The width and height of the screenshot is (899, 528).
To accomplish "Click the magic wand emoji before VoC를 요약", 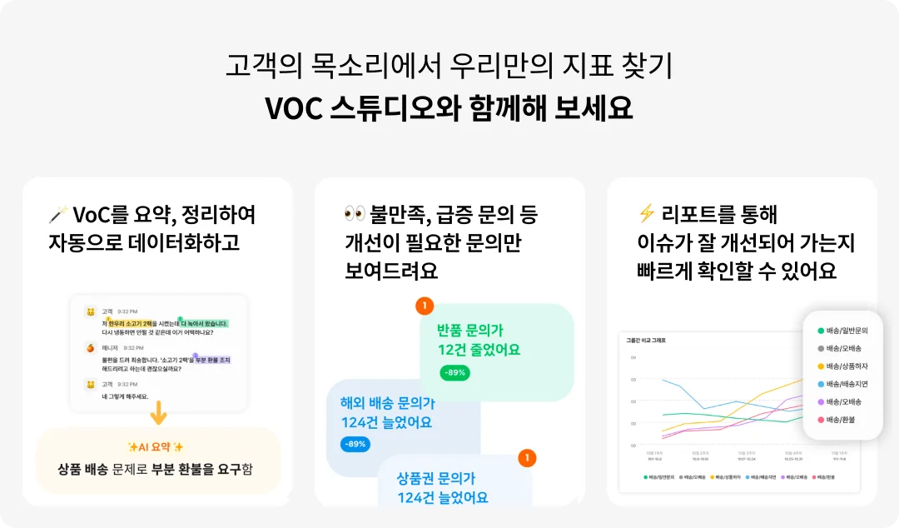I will (57, 216).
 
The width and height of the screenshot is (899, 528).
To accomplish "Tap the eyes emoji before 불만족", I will (355, 215).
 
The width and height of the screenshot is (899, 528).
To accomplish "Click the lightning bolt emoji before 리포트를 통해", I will (645, 215).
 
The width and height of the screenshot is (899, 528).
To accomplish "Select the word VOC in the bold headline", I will (293, 108).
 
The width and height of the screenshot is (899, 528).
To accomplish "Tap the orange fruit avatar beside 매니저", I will (91, 347).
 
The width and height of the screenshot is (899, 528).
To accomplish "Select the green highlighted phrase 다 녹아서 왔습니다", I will (203, 323).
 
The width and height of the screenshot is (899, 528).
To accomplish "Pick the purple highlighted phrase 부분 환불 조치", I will (212, 360).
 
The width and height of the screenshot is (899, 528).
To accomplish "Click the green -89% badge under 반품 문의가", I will (454, 372).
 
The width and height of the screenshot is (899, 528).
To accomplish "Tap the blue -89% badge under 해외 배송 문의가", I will (355, 444).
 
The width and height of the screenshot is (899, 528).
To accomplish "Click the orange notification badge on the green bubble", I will (425, 306).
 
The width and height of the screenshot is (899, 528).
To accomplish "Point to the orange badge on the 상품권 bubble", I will (526, 458).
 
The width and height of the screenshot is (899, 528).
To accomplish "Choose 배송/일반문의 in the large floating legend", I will (847, 331).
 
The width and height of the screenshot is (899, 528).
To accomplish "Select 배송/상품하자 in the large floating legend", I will (847, 366).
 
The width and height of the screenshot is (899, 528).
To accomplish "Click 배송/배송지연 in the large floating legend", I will (847, 384).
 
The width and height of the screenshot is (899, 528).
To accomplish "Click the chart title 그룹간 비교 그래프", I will (646, 340).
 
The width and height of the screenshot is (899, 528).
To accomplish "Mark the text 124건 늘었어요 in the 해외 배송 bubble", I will (386, 422).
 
